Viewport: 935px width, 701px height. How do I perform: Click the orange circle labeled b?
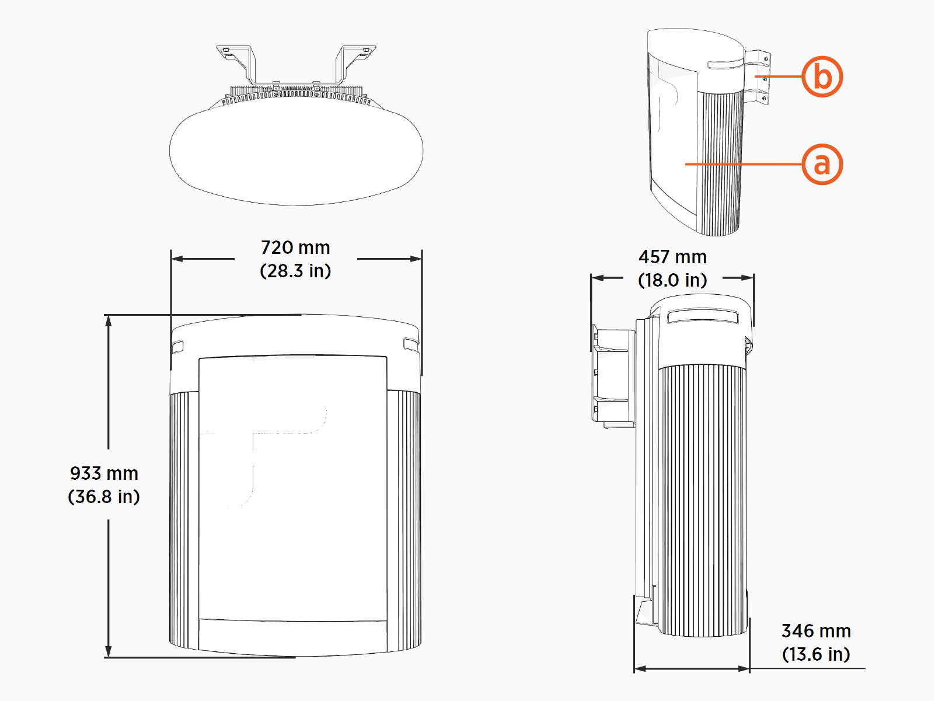[x=822, y=76]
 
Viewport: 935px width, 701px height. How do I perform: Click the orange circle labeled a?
[x=822, y=164]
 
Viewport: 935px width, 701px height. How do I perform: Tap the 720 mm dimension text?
[x=295, y=247]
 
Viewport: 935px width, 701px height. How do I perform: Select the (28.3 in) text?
[x=295, y=271]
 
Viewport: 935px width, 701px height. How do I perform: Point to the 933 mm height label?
[x=104, y=473]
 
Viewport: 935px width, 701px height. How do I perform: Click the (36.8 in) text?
[x=104, y=497]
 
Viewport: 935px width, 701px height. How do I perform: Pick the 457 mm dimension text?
[x=672, y=257]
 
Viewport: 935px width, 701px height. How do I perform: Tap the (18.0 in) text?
[x=672, y=280]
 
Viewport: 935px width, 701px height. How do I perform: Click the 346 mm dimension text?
[x=816, y=631]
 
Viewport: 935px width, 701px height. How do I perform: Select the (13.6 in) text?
[x=816, y=654]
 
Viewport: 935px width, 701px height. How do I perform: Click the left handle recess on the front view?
[x=177, y=347]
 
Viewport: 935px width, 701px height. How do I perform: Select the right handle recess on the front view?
[x=411, y=344]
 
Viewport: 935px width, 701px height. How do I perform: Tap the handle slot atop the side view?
[x=703, y=318]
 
